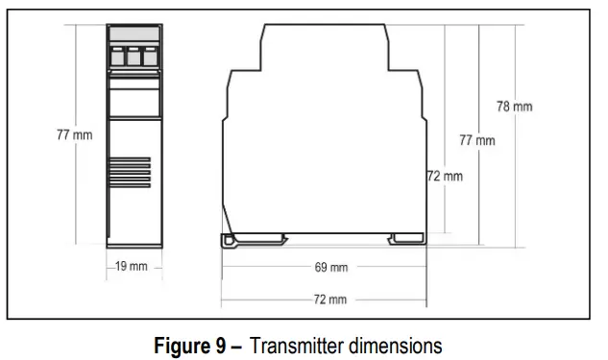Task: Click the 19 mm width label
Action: pos(132,266)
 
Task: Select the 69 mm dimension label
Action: pos(331,267)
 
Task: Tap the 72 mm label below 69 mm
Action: pos(331,300)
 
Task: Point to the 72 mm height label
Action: pos(446,176)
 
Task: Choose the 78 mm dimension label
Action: pos(514,107)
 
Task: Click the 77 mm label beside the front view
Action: pos(74,135)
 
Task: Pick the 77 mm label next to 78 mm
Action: pos(476,140)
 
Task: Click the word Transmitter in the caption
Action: pos(296,344)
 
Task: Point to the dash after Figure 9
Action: pos(236,344)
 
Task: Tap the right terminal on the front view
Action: pos(149,57)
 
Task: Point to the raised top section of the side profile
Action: pos(324,43)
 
